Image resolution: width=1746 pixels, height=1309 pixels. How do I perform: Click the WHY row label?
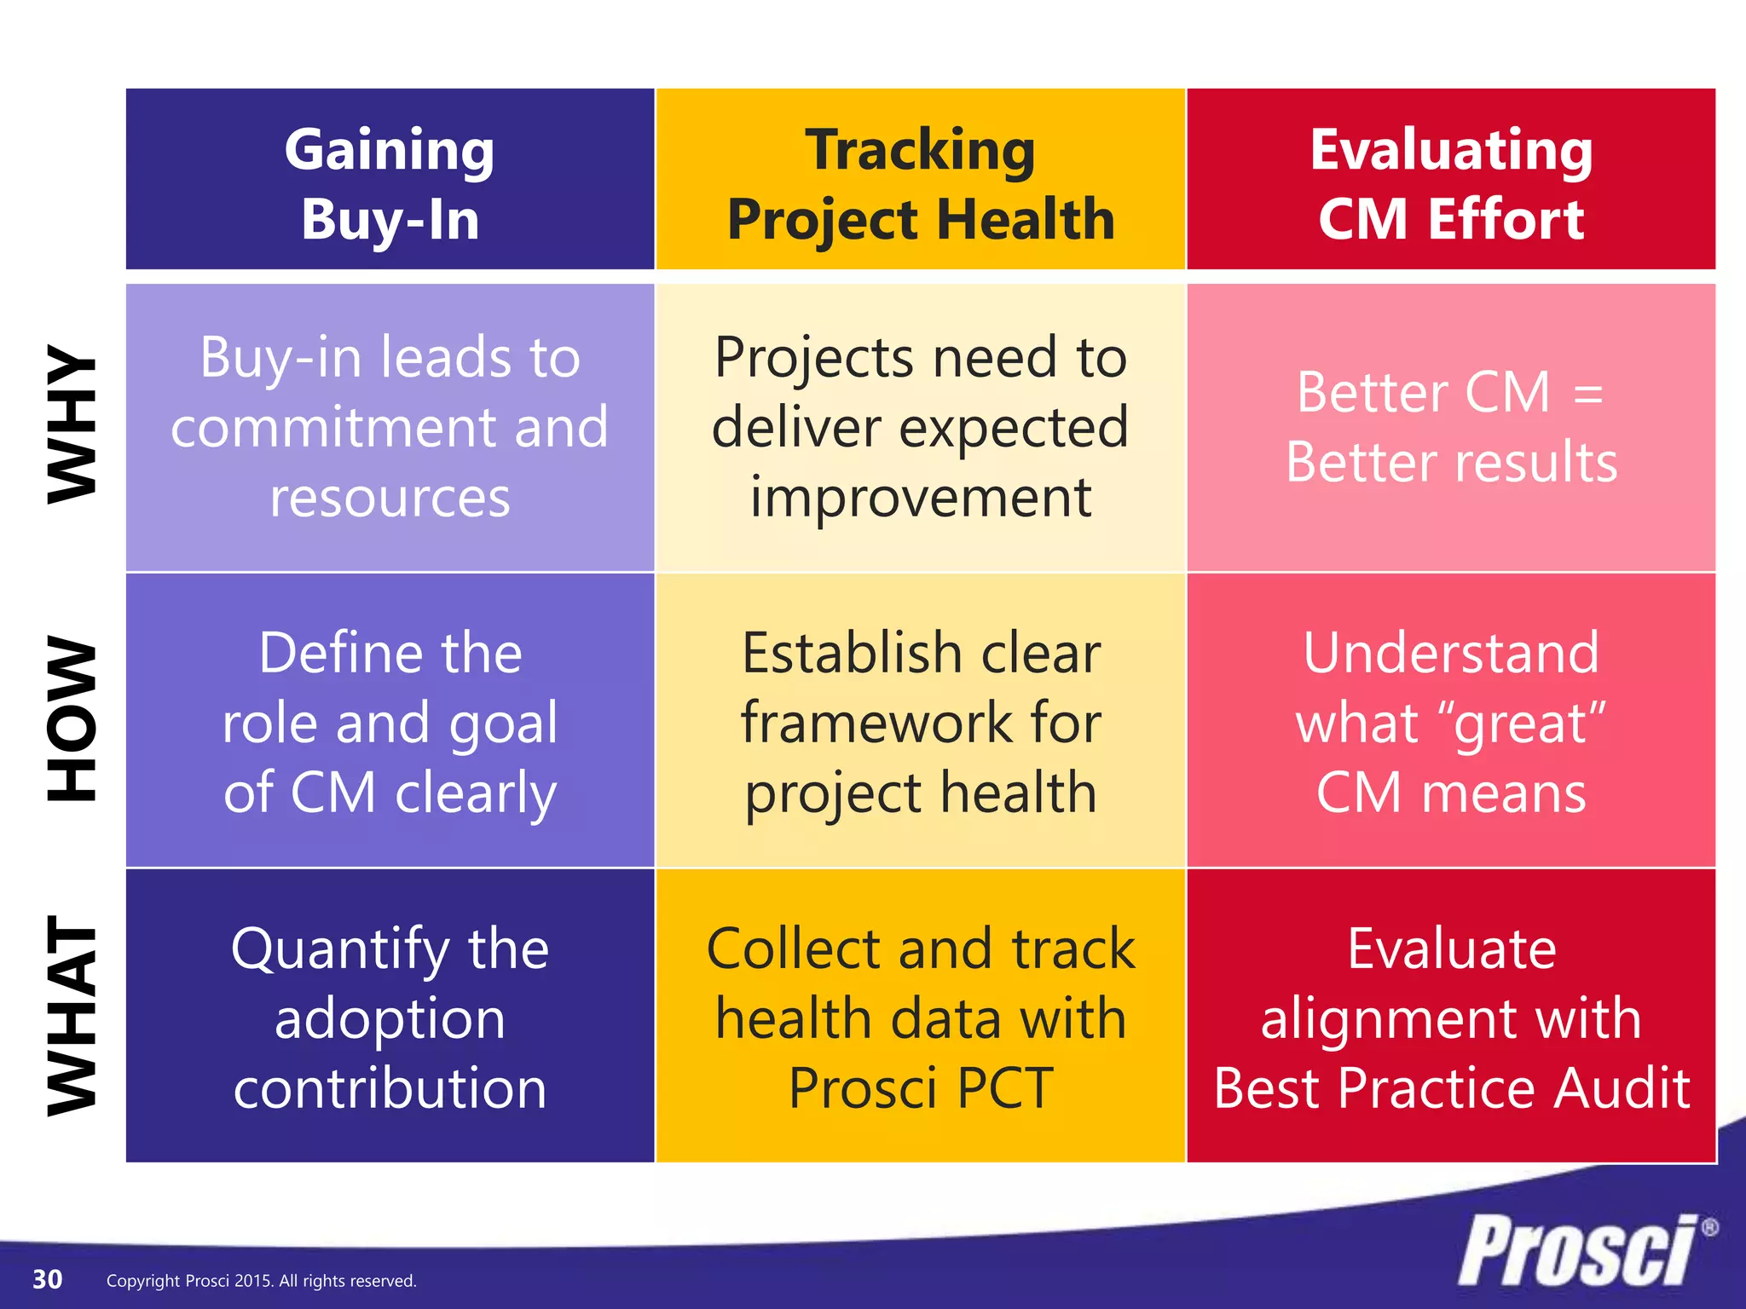pyautogui.click(x=72, y=424)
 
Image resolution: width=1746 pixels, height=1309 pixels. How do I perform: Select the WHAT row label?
pyautogui.click(x=72, y=1016)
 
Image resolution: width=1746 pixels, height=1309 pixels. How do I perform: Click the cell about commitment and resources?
pyautogui.click(x=390, y=427)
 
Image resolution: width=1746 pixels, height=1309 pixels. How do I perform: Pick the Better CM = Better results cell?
pyautogui.click(x=1450, y=427)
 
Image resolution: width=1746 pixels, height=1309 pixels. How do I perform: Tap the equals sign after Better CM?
pyautogui.click(x=1588, y=395)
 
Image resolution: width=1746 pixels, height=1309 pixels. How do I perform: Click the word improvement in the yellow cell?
pyautogui.click(x=920, y=498)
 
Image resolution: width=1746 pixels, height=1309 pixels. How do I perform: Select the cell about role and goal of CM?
pyautogui.click(x=390, y=722)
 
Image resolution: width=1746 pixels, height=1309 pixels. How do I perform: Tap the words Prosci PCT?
pyautogui.click(x=920, y=1088)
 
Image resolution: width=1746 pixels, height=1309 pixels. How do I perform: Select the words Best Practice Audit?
pyautogui.click(x=1450, y=1088)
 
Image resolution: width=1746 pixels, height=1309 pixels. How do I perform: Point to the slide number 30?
pyautogui.click(x=47, y=1279)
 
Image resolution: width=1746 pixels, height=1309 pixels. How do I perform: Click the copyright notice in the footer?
pyautogui.click(x=261, y=1281)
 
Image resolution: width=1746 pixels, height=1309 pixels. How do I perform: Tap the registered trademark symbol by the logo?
pyautogui.click(x=1708, y=1228)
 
